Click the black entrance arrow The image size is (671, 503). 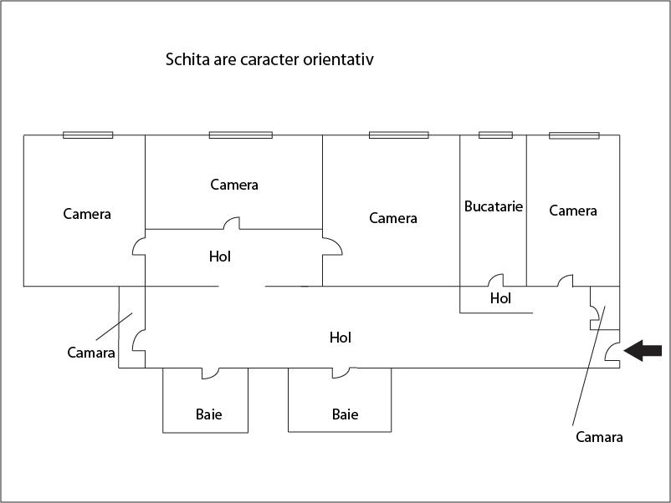coord(643,350)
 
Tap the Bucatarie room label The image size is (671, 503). coord(494,206)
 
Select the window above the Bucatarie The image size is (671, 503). coord(495,135)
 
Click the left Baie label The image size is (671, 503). coord(209,414)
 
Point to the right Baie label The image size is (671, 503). coord(345,414)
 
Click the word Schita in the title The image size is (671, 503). coord(187,59)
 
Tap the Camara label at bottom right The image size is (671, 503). coord(599,437)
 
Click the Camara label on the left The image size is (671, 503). coord(91,353)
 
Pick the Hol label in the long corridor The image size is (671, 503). coord(341,338)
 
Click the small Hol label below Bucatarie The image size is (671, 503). coord(500,297)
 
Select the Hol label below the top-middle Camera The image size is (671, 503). coord(220,257)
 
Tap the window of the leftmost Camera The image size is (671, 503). coord(88,135)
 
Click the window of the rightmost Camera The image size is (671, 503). coord(574,135)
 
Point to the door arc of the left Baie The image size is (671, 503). coord(210,373)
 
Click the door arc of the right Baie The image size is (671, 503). coord(344,373)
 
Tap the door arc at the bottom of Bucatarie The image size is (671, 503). coord(496,281)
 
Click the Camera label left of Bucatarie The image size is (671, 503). coord(393,218)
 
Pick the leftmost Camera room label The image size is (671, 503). coord(87,214)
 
